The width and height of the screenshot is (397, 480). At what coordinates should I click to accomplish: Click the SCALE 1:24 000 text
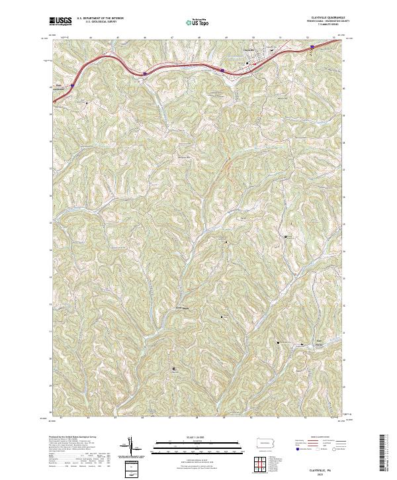(179, 437)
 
